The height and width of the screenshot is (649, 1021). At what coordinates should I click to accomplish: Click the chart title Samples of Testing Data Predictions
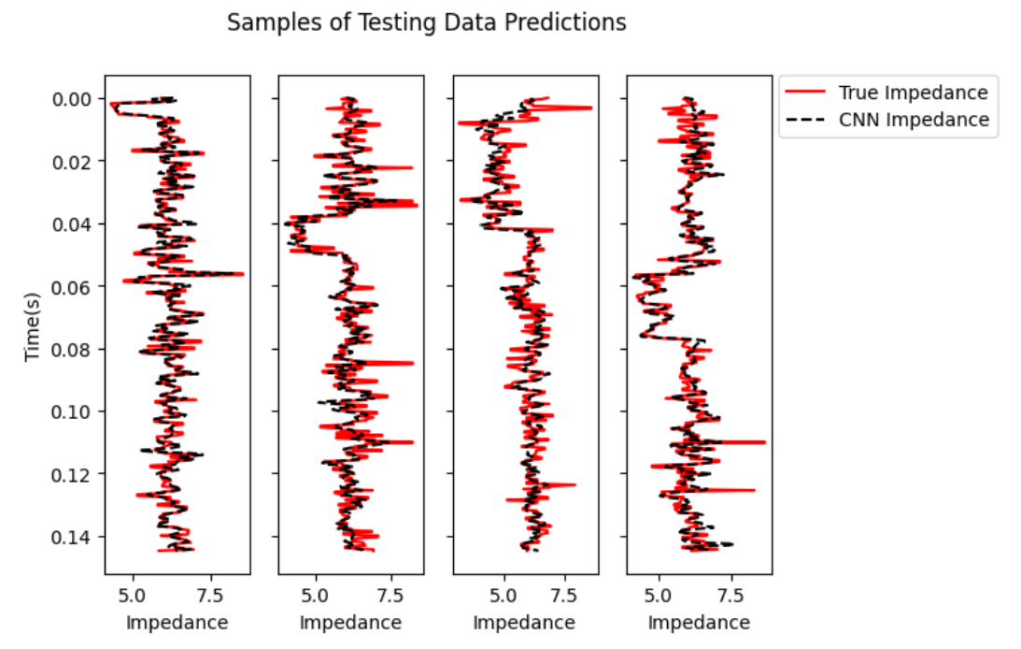click(427, 22)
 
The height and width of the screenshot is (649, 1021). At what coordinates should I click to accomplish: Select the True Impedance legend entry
click(912, 93)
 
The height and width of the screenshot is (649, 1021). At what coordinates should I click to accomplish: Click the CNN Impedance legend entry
click(912, 120)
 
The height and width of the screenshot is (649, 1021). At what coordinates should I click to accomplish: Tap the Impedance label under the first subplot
click(177, 623)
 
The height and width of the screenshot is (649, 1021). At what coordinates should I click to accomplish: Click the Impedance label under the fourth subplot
click(699, 623)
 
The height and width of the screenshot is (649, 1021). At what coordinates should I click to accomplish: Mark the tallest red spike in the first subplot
click(240, 274)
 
